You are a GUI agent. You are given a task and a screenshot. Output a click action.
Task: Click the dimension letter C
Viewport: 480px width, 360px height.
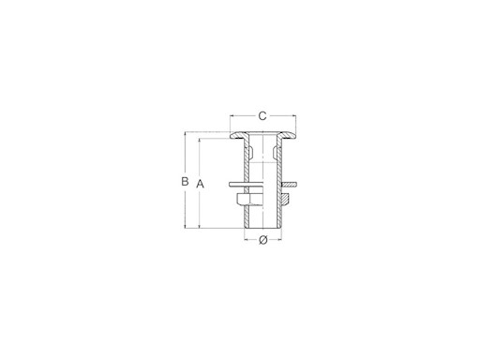[x=262, y=116]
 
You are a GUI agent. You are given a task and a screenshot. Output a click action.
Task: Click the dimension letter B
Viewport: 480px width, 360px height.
[x=185, y=181]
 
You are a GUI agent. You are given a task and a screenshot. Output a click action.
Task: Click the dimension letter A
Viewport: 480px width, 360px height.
[x=200, y=184]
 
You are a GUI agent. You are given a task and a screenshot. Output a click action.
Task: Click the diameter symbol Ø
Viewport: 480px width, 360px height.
[x=263, y=240]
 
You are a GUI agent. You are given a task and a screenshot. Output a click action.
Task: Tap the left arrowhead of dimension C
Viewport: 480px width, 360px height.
[x=232, y=116]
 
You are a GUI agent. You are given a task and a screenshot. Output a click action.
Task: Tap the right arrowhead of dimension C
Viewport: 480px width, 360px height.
[x=293, y=116]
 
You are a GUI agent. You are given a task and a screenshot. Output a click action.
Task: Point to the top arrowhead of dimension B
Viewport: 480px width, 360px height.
[x=186, y=134]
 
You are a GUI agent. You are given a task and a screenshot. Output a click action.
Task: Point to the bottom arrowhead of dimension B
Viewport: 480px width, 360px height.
[x=186, y=226]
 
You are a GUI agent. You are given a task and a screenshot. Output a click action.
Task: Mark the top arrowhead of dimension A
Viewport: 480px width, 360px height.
[x=200, y=141]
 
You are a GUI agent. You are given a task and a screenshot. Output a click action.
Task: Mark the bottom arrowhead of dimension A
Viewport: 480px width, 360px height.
[x=200, y=226]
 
